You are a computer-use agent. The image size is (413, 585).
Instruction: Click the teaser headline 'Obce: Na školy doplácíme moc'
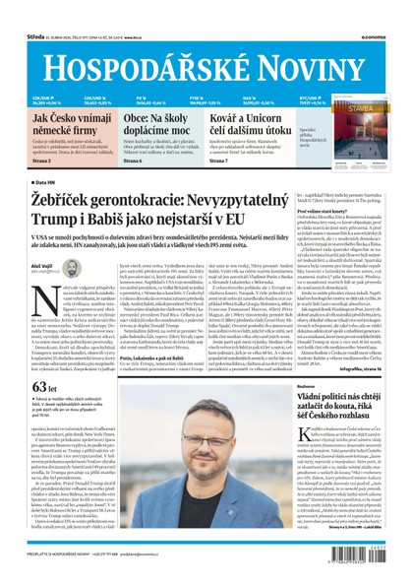(155, 124)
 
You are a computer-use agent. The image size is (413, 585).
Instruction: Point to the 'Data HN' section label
(43, 182)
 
